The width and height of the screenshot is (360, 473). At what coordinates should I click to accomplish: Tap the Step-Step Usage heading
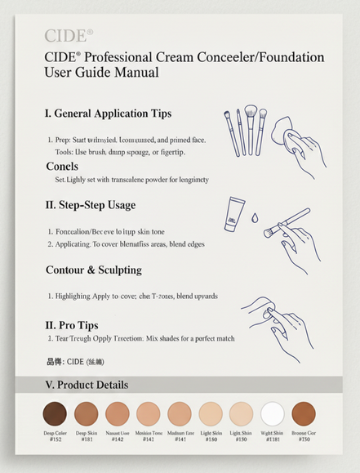(x=90, y=205)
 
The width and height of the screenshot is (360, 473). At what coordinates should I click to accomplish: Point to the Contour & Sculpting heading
(x=93, y=270)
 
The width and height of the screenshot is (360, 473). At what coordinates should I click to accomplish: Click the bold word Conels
(x=62, y=167)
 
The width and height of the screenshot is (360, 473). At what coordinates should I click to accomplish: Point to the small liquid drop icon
(x=254, y=219)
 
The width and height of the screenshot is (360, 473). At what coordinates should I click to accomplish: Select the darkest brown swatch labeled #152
(x=55, y=413)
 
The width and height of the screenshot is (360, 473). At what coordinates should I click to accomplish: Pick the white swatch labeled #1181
(x=272, y=413)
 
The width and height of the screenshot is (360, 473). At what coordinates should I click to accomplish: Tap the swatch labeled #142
(x=117, y=413)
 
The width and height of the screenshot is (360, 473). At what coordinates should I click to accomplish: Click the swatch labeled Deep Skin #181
(x=86, y=413)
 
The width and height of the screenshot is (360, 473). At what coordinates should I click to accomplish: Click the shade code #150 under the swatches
(x=241, y=439)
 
